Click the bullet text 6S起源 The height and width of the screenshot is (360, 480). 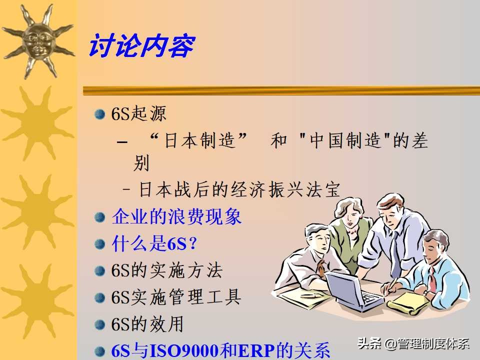click(138, 114)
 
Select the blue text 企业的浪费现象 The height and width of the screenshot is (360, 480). click(176, 217)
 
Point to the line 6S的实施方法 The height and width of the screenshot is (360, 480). click(166, 271)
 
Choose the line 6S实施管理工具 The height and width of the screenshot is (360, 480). click(176, 297)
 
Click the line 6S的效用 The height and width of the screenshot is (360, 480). click(147, 324)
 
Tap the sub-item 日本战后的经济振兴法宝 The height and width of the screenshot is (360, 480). click(239, 190)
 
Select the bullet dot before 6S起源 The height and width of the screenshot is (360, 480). click(100, 114)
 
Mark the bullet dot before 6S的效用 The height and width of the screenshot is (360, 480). click(100, 325)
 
